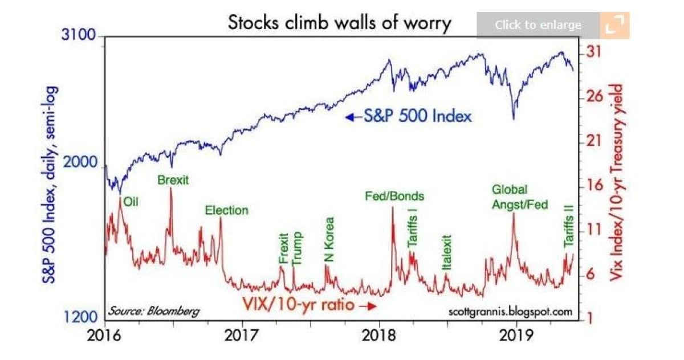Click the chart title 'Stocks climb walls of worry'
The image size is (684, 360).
coord(339,23)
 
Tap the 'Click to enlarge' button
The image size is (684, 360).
coord(538,25)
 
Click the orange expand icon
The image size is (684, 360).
coord(614,25)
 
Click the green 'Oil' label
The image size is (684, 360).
coord(132,201)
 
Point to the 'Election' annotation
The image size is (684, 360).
coord(227,210)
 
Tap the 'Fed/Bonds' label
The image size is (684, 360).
coord(395,196)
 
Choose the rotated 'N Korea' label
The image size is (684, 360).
coord(329,240)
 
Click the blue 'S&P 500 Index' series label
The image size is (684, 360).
coord(409,117)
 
